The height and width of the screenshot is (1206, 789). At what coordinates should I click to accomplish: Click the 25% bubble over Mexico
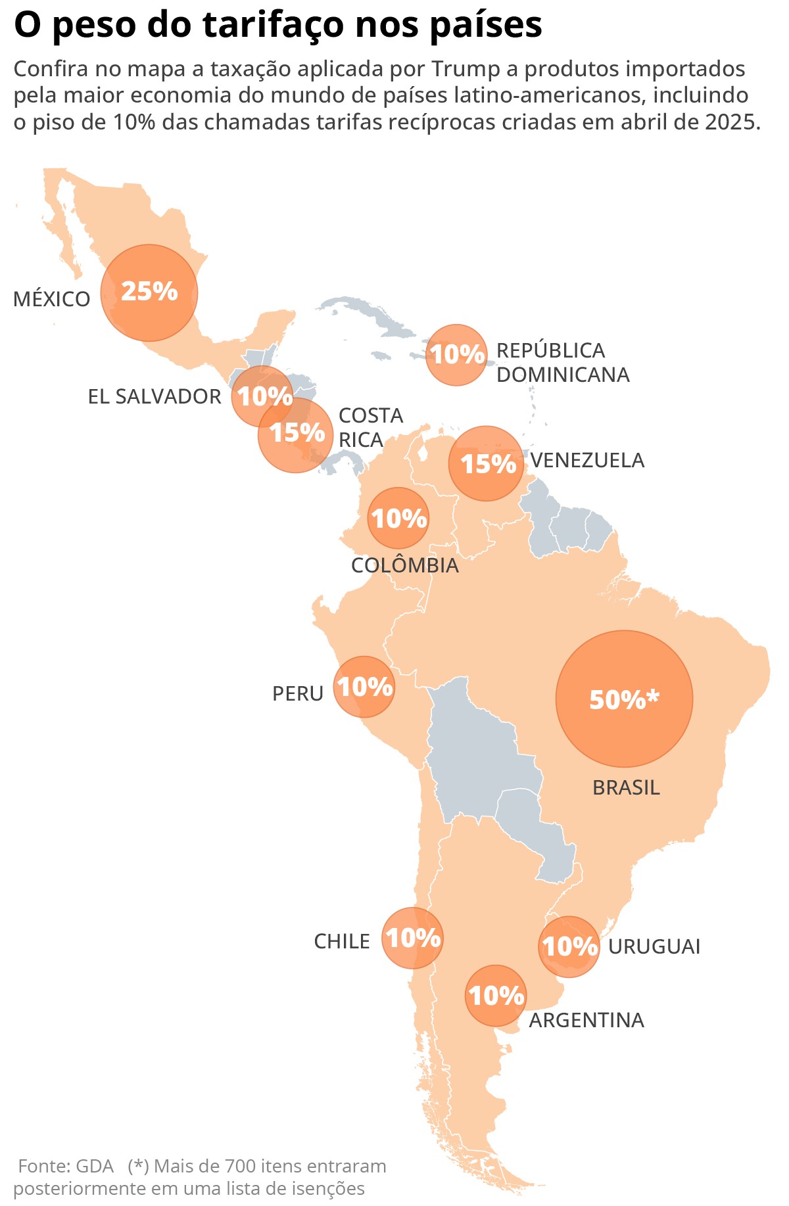click(x=149, y=292)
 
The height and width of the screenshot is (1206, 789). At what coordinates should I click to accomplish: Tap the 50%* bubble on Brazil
click(x=624, y=699)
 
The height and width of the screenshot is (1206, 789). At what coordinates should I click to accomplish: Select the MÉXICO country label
click(x=52, y=299)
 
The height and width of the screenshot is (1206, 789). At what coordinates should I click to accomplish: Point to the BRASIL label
click(x=626, y=787)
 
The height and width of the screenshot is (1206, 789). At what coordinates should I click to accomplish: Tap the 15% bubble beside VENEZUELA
click(x=487, y=463)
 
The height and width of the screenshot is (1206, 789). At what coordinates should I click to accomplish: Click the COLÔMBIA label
click(x=405, y=565)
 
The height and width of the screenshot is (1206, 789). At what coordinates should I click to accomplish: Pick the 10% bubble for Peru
click(x=364, y=687)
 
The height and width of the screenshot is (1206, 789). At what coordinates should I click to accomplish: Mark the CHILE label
click(x=342, y=941)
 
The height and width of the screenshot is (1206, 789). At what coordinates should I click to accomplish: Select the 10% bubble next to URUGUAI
click(x=569, y=946)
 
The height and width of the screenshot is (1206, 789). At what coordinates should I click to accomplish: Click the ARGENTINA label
click(x=586, y=1020)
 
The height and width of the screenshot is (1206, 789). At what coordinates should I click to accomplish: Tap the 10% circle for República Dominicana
click(x=456, y=354)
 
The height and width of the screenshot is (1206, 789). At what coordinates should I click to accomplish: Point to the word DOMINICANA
click(x=563, y=375)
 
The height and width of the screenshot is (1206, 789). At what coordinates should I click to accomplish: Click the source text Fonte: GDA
click(x=66, y=1166)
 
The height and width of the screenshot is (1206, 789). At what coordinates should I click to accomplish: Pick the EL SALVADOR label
click(x=155, y=396)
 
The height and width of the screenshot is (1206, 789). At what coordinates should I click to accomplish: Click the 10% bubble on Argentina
click(x=496, y=995)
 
